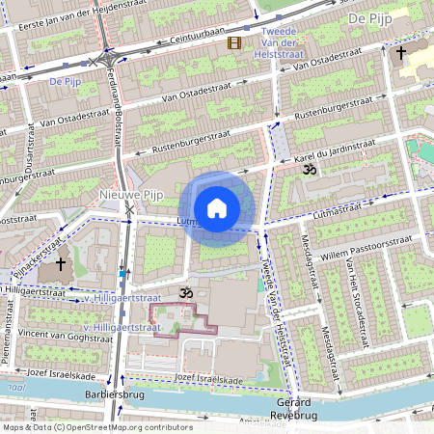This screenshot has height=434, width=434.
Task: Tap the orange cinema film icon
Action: [x=234, y=42]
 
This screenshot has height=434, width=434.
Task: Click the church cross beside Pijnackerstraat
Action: [x=62, y=263]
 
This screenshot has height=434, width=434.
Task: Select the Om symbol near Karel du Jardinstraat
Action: [x=309, y=170]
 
